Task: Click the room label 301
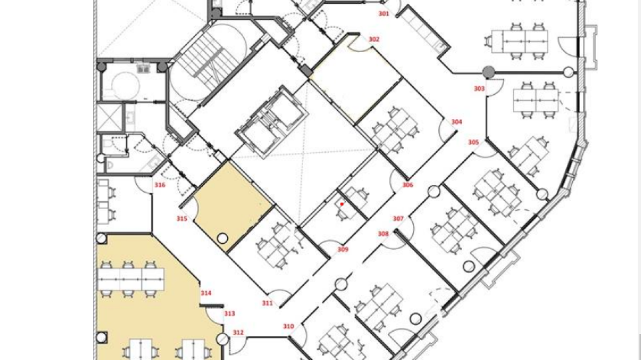383,13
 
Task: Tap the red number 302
373,39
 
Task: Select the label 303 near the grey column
479,88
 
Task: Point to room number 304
457,122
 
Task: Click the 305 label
473,142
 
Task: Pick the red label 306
408,184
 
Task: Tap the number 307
398,219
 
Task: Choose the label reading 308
383,234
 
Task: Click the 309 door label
342,249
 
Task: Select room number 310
288,326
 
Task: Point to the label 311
267,303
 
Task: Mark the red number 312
238,333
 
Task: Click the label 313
229,313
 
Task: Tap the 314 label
206,293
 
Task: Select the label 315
182,219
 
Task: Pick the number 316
160,184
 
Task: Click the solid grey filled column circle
489,73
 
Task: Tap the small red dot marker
342,204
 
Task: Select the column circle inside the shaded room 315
222,238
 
